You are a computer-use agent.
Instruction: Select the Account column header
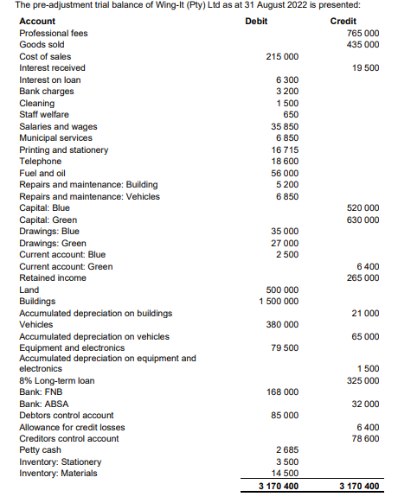37,21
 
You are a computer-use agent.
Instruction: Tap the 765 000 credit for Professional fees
363,32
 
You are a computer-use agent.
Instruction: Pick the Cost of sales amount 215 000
282,56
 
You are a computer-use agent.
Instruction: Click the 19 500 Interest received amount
365,67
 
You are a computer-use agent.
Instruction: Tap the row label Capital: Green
48,220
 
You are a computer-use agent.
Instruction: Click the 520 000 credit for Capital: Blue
363,208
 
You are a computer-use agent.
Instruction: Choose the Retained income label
53,277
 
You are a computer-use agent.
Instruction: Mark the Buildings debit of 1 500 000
279,301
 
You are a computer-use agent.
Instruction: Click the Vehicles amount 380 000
282,324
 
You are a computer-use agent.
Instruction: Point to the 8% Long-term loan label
57,380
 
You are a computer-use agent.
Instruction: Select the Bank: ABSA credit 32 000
365,404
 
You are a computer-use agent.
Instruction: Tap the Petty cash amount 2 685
287,449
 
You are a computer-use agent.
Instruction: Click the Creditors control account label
69,438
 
